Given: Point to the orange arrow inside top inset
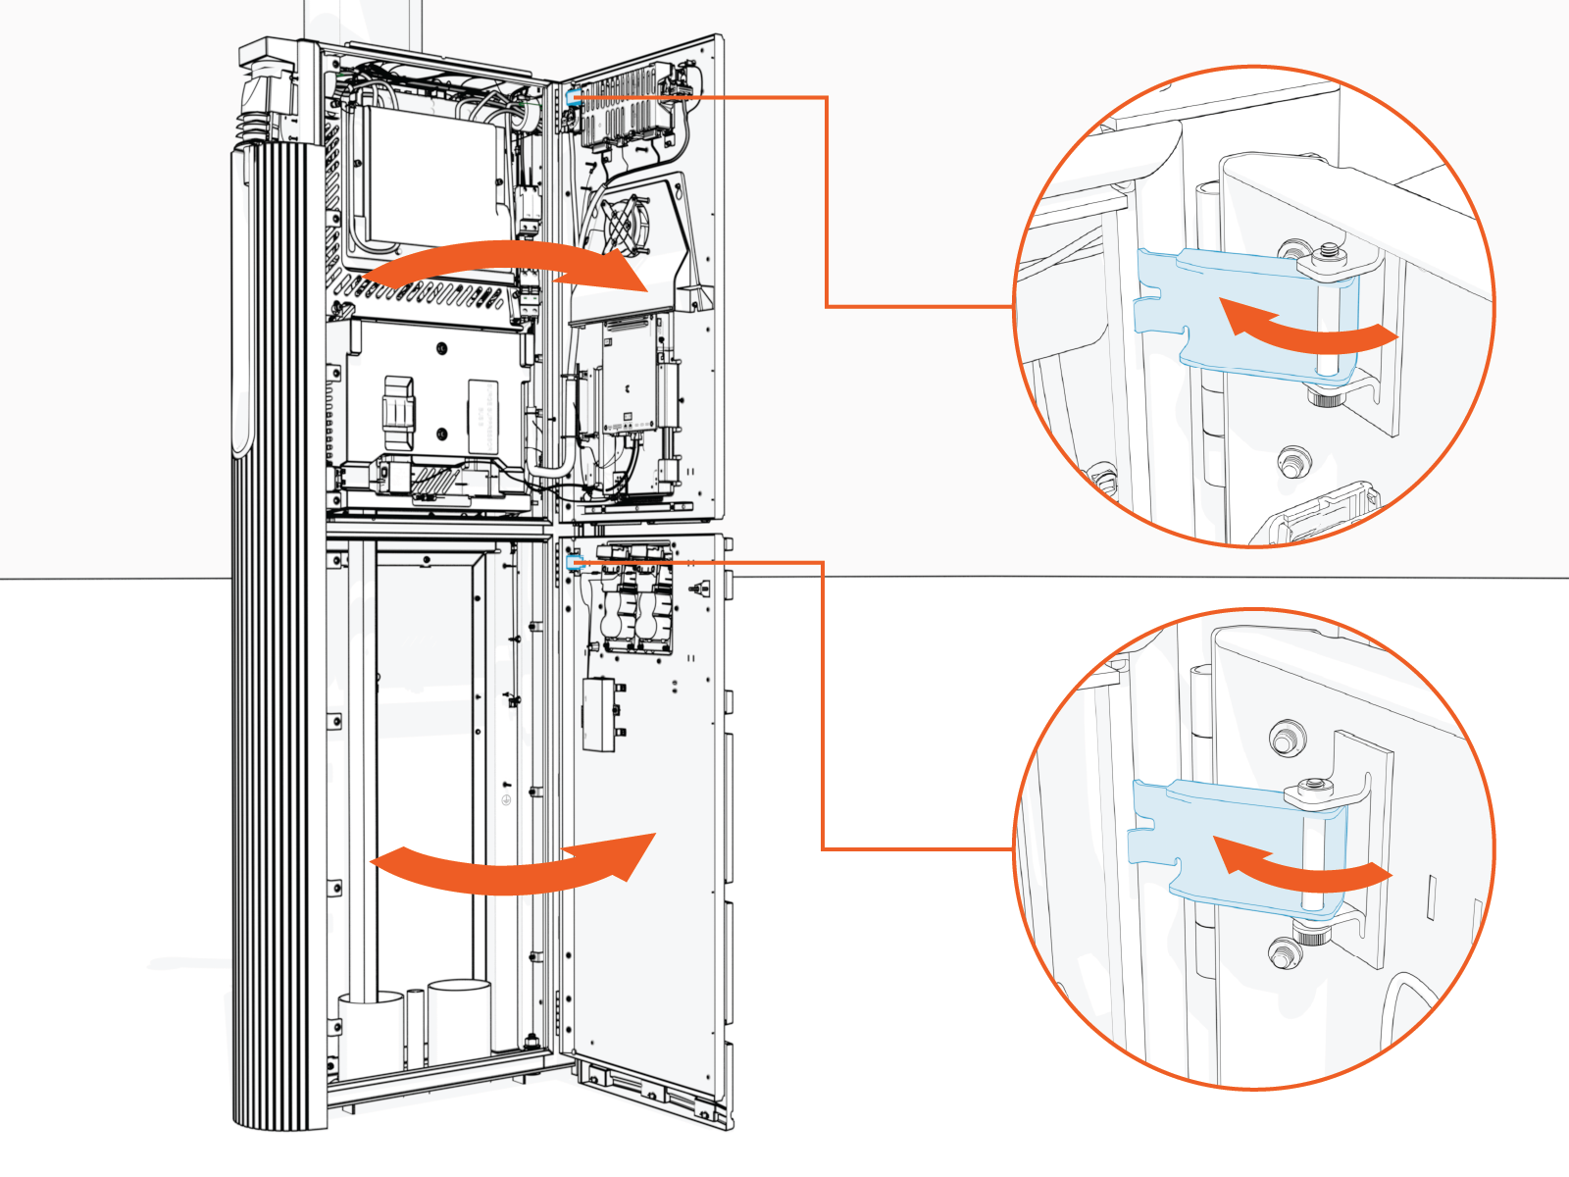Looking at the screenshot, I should [1304, 329].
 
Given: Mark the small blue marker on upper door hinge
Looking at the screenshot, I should [573, 96].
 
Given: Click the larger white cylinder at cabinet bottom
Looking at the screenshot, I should [459, 1020].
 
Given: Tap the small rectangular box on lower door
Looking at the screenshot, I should [599, 714].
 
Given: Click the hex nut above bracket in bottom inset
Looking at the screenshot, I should [1283, 738].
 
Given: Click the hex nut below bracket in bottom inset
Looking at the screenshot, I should [1281, 951].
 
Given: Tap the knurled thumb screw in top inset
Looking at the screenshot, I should [1323, 398].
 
